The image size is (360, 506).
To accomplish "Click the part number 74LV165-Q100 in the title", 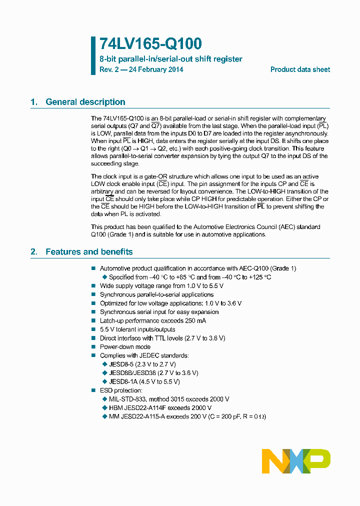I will pos(143,44).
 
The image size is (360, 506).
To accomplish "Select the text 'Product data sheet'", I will pos(300,69).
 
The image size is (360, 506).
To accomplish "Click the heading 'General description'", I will pos(85,102).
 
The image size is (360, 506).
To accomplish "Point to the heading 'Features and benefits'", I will pos(89,251).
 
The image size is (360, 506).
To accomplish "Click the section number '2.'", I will pos(34,251).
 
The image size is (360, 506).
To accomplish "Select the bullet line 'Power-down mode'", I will pos(125,346).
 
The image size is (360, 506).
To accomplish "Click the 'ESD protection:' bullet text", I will pos(121,390).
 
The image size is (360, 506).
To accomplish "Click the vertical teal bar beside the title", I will pos(93,55).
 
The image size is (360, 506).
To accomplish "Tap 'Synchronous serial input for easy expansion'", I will pos(159,312).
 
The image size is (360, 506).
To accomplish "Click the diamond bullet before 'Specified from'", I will pos(104,277).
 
